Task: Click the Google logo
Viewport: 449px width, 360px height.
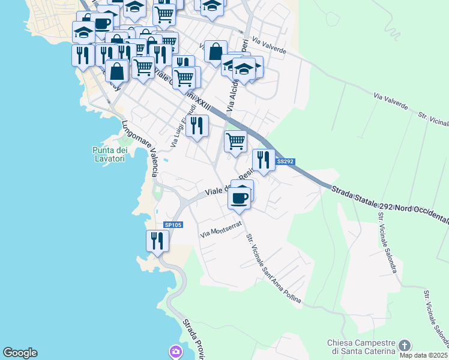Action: pos(20,353)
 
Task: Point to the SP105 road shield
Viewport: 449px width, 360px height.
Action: pos(172,225)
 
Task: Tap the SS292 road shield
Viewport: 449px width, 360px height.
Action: pos(285,161)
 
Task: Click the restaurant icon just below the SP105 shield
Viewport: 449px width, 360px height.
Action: pos(157,241)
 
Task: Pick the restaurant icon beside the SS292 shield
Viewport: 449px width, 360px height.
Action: pos(263,160)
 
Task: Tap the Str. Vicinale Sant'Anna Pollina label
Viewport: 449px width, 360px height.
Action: pos(273,267)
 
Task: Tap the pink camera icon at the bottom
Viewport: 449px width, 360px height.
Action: pos(175,351)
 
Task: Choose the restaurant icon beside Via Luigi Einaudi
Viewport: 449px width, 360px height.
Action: pos(196,126)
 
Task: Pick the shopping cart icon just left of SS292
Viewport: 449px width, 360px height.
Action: pos(235,142)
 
